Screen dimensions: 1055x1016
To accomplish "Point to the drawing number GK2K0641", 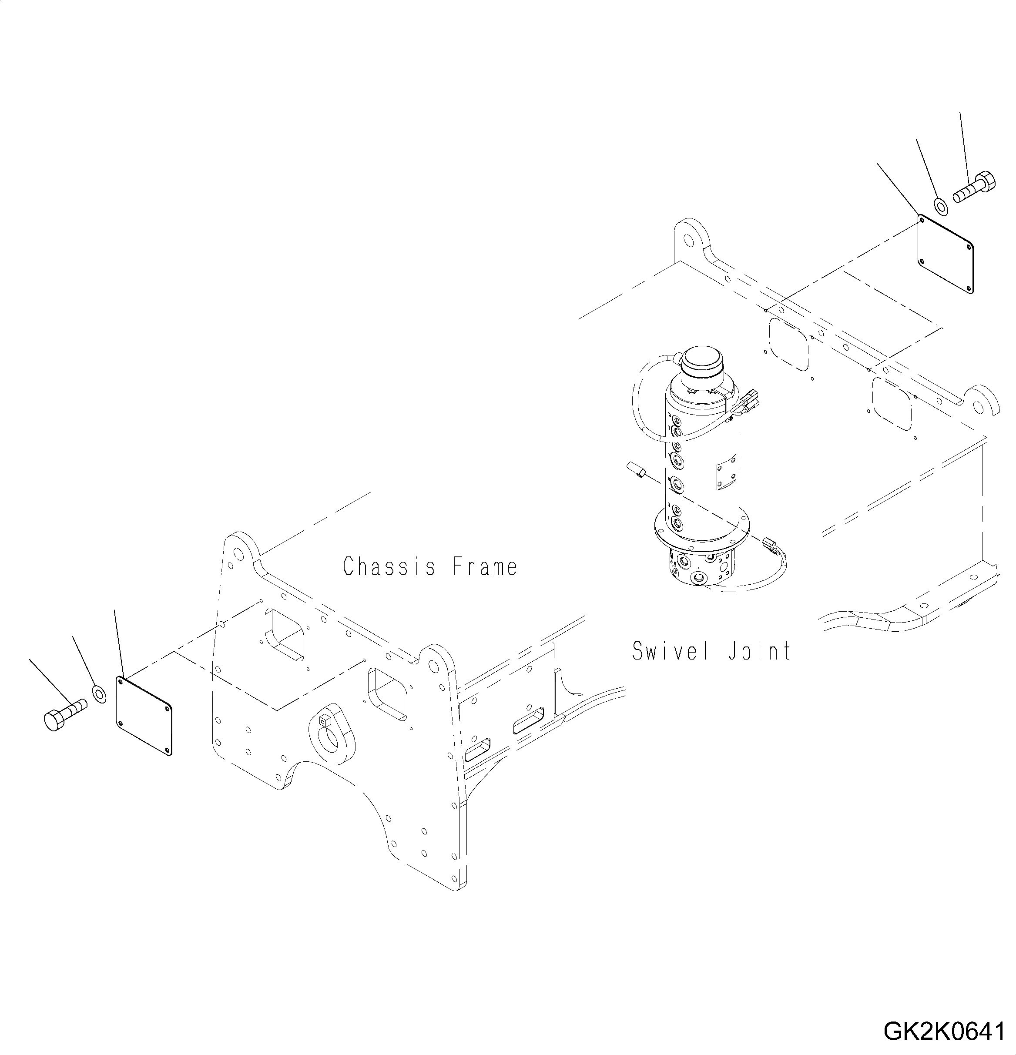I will coord(943,1031).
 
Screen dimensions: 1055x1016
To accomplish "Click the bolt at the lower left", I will coord(64,714).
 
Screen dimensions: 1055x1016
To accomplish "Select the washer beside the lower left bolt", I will coord(100,694).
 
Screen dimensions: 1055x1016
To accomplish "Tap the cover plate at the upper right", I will coord(946,254).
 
